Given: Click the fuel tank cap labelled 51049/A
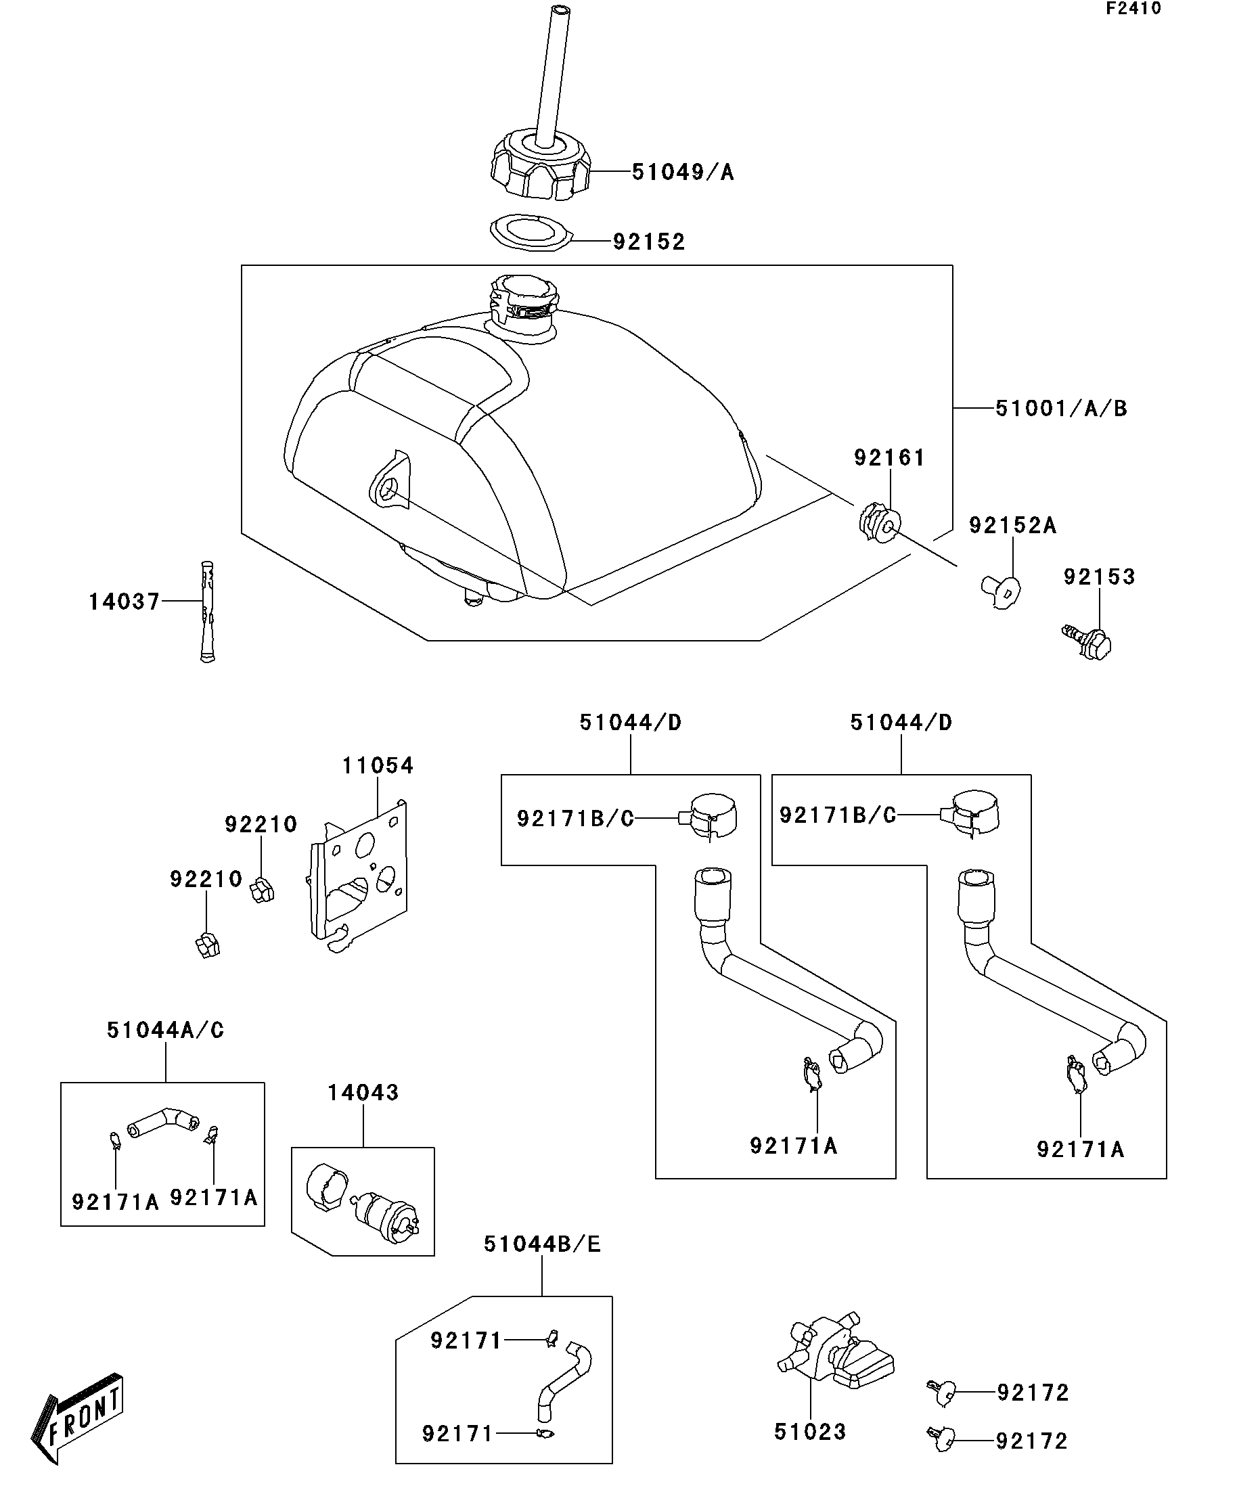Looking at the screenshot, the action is tap(541, 166).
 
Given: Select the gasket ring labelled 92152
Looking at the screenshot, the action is tap(531, 232).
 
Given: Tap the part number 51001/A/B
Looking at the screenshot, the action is tap(1061, 409).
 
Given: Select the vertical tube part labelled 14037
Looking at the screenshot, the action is tap(207, 612).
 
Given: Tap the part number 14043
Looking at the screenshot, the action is tap(363, 1092).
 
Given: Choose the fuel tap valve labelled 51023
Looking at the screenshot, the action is tap(834, 1349).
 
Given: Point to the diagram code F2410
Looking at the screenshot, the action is tap(1133, 9).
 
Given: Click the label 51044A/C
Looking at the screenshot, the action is tap(166, 1030).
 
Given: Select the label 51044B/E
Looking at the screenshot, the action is tap(542, 1244).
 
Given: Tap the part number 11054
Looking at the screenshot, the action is tap(378, 766).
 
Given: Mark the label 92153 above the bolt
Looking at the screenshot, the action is tap(1099, 577).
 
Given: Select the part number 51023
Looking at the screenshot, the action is tap(810, 1432).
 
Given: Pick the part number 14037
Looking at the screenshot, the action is tap(125, 602).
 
